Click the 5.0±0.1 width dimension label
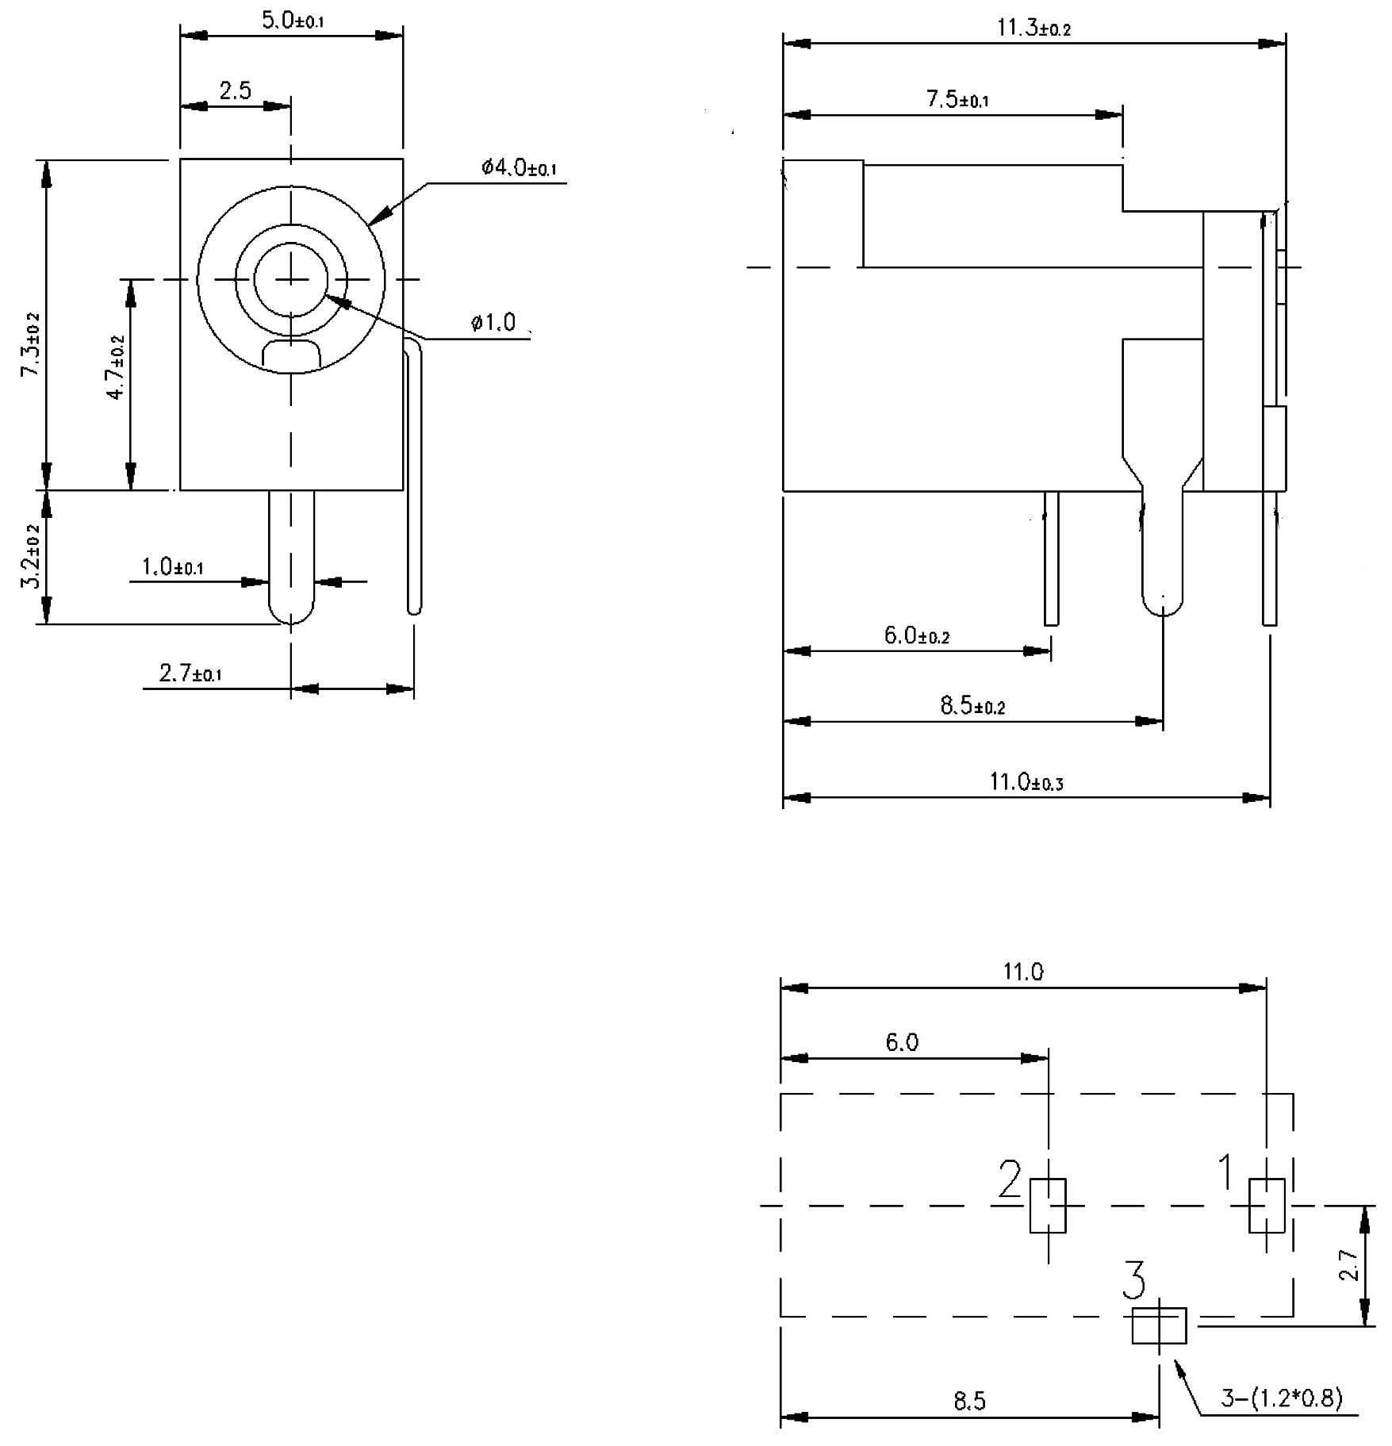[292, 21]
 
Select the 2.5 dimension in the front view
[236, 91]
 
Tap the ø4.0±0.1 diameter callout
[519, 168]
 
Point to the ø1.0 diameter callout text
[493, 323]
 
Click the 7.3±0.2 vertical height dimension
[31, 346]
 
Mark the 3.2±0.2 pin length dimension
[31, 556]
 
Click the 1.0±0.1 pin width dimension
[173, 567]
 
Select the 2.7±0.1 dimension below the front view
[190, 674]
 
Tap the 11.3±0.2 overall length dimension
[1033, 29]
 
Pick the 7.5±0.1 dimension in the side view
[957, 100]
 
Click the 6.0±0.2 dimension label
[916, 635]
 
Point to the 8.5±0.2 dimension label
[972, 706]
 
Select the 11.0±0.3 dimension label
[1026, 783]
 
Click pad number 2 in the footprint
[1048, 1206]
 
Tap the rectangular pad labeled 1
[1267, 1206]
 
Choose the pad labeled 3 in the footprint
[1159, 1325]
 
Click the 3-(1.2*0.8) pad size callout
[1281, 1398]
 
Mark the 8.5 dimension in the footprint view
[969, 1402]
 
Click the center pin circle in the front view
[291, 279]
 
